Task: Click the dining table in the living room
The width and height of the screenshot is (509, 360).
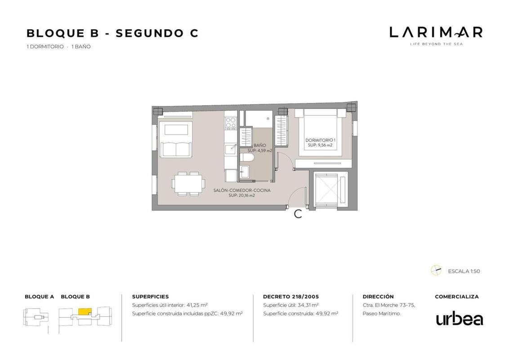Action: coord(188,184)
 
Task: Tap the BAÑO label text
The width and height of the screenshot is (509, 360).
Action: coord(260,145)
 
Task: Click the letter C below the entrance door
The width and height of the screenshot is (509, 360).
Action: coord(298,214)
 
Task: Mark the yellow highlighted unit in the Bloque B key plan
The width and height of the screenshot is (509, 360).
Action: coord(85,311)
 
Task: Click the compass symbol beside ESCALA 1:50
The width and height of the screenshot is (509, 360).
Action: coord(436,270)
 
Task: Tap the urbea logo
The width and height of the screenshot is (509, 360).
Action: coord(460,319)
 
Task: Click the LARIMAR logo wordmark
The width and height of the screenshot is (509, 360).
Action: coord(436,32)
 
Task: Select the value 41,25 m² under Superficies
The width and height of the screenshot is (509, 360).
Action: coord(197,305)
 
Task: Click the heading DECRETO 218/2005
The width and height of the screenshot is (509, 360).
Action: coord(291,297)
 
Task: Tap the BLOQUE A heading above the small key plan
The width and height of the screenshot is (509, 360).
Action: coord(39,297)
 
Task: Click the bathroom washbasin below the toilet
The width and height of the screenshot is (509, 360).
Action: coord(245,171)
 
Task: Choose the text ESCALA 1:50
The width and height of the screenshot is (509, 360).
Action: coord(464,271)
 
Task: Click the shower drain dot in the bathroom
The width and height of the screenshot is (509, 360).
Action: coord(268,119)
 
